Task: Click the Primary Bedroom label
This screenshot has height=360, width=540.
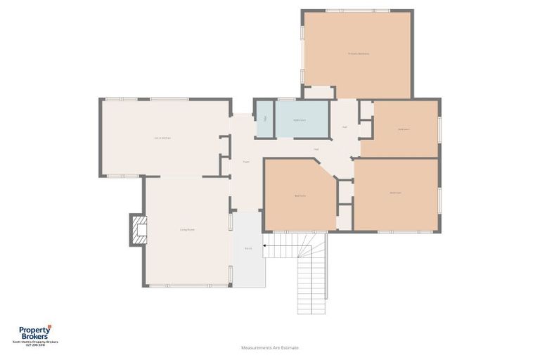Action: pos(358,53)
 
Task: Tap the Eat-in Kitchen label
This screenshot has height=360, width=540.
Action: pos(162,138)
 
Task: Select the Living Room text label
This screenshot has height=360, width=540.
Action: pos(186,229)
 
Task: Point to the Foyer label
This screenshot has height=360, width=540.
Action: pos(246,162)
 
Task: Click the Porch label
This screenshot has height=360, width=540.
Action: pos(248,249)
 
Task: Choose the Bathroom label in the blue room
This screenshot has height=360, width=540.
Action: pos(300,120)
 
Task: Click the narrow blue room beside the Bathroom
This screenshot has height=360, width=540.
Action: pos(264,119)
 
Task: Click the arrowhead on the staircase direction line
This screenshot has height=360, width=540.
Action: pos(264,246)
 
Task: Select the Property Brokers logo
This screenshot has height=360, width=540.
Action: pos(34,334)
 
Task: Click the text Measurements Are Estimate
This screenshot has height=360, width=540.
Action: pos(270,347)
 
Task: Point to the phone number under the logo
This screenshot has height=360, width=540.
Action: pos(34,345)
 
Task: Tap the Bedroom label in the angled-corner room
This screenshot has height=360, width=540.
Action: pos(300,195)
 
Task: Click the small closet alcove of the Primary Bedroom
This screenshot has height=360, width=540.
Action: pos(319,93)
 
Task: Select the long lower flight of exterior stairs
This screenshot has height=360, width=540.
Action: pos(311,285)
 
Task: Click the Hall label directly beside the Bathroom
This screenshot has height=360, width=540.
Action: pos(345,127)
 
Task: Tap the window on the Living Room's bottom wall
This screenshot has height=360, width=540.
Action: pos(188,285)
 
